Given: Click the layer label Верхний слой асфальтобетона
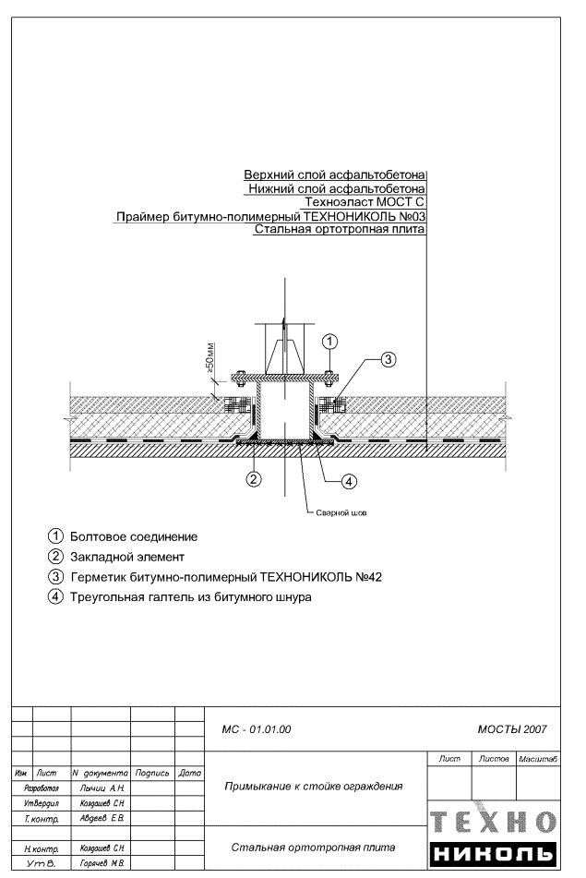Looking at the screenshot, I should pyautogui.click(x=333, y=174).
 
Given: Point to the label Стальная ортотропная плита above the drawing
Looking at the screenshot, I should pyautogui.click(x=339, y=230).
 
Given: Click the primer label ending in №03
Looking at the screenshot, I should pyautogui.click(x=270, y=216).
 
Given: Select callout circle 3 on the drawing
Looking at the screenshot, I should pyautogui.click(x=389, y=359).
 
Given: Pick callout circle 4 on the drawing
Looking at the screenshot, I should pyautogui.click(x=349, y=480).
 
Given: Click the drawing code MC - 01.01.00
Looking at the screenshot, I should pyautogui.click(x=257, y=729).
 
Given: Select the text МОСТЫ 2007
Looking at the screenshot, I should pyautogui.click(x=512, y=729).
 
